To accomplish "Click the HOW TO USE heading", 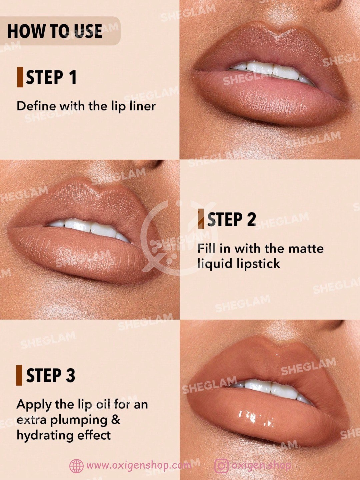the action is tap(55, 31).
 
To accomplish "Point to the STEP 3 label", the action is tap(51, 375).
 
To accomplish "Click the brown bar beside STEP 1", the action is tap(20, 77).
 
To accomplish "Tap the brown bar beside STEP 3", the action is tap(19, 375).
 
